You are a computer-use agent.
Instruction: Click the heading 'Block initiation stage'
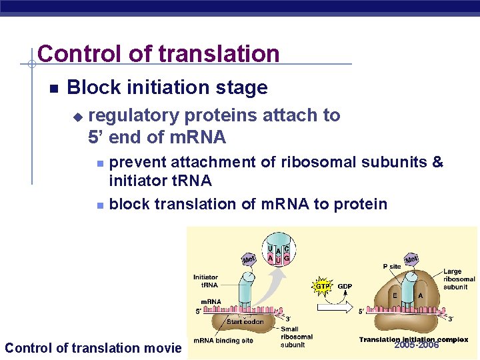[x=167, y=87]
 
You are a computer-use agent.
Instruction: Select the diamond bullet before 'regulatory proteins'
[x=77, y=117]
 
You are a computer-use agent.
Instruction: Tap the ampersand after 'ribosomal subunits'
[x=437, y=162]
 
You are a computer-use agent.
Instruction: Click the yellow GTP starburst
[x=322, y=286]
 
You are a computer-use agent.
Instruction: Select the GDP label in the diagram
[x=345, y=287]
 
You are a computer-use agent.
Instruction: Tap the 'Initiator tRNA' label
[x=205, y=281]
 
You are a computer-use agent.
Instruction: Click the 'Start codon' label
[x=245, y=322]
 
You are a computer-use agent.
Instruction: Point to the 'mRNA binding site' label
[x=223, y=341]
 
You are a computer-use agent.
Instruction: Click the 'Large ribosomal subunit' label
[x=459, y=279]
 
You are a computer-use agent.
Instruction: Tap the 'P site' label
[x=391, y=267]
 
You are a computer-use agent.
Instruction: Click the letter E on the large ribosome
[x=395, y=295]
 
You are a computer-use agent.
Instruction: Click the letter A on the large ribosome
[x=420, y=295]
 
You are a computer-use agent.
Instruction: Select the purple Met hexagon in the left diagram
[x=248, y=259]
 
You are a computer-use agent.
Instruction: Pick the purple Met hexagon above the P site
[x=411, y=258]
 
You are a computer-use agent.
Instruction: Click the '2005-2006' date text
[x=417, y=345]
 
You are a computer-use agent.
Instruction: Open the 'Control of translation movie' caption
[x=93, y=347]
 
